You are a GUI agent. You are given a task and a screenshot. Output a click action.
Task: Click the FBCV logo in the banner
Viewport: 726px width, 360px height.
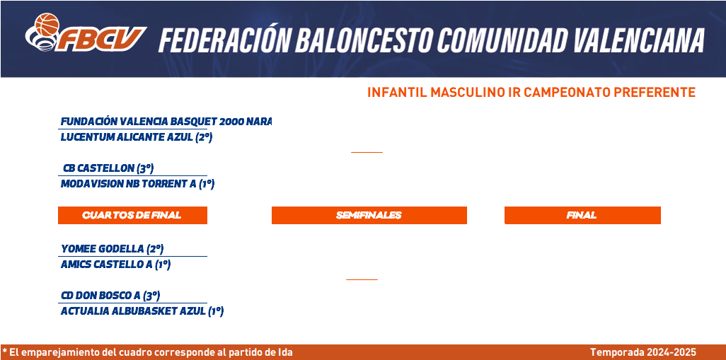pos(86,33)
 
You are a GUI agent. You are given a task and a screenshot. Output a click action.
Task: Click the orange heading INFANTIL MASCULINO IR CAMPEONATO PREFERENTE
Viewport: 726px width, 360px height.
pos(531,93)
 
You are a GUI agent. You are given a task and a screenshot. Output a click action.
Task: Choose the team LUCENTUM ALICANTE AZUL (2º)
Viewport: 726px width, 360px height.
pos(136,137)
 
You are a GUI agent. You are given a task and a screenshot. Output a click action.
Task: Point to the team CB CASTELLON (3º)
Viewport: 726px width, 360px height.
pos(108,168)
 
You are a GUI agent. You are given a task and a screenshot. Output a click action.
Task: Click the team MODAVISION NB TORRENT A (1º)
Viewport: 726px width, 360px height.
pos(137,184)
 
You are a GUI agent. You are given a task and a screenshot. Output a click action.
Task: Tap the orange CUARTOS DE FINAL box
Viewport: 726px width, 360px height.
pos(132,215)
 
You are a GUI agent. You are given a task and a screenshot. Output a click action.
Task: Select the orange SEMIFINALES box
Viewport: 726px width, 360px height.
pos(369,215)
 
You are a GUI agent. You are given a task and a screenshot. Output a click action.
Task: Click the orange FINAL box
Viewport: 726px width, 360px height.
pos(582,215)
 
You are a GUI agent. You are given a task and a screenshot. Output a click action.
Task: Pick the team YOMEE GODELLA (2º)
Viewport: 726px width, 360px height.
pos(112,249)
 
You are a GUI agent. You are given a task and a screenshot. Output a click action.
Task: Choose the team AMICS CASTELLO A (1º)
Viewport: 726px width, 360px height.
pos(116,265)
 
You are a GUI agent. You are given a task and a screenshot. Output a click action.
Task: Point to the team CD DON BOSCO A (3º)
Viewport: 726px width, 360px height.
pos(110,295)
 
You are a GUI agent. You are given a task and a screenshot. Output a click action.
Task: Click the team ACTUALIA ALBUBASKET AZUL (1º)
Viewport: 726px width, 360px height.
pos(142,311)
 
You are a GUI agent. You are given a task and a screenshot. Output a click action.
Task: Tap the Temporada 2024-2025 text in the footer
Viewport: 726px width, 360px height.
pos(643,353)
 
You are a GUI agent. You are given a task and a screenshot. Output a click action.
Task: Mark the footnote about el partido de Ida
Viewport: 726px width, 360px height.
pos(147,353)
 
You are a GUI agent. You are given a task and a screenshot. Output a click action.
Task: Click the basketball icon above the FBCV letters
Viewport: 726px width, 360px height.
pos(47,24)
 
